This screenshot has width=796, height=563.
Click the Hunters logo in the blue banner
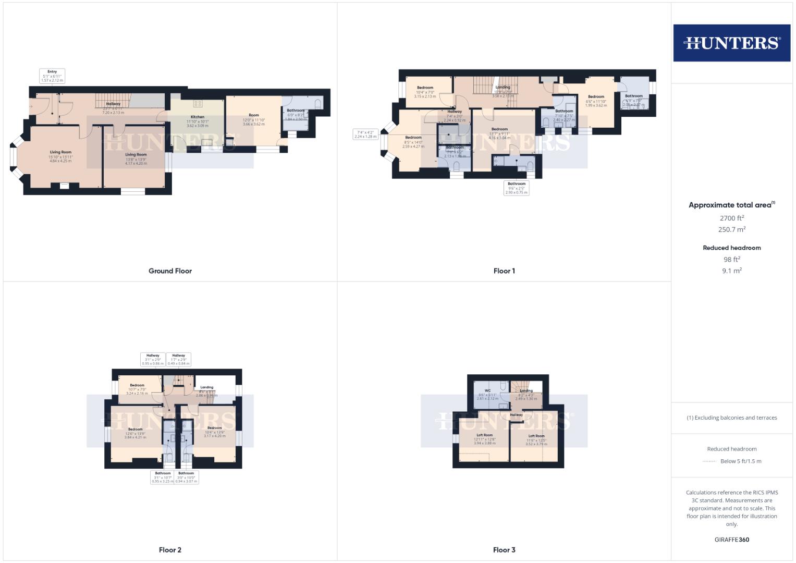[731, 43]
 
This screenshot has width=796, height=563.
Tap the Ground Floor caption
[170, 271]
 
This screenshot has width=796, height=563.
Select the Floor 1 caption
[504, 271]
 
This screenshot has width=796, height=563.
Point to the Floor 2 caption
[170, 550]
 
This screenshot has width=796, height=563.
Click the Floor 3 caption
[504, 550]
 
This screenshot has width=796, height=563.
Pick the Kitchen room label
[198, 117]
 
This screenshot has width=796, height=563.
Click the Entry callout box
[52, 76]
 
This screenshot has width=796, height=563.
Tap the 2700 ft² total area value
[731, 218]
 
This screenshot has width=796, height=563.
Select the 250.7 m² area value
[731, 229]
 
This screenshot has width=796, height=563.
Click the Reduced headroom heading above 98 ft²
[731, 248]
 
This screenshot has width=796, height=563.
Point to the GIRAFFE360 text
[731, 540]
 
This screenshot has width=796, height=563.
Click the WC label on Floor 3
[488, 391]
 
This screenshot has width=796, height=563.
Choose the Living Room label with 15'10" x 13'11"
[60, 152]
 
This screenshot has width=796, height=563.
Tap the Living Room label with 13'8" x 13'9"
[136, 155]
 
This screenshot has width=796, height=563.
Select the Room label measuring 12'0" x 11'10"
[254, 116]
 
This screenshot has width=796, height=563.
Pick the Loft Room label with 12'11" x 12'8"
[484, 435]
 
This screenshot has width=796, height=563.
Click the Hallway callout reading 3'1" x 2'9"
[153, 359]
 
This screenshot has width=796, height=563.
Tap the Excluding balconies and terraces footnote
[731, 418]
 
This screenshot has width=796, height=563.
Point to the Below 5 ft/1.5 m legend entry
[740, 461]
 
